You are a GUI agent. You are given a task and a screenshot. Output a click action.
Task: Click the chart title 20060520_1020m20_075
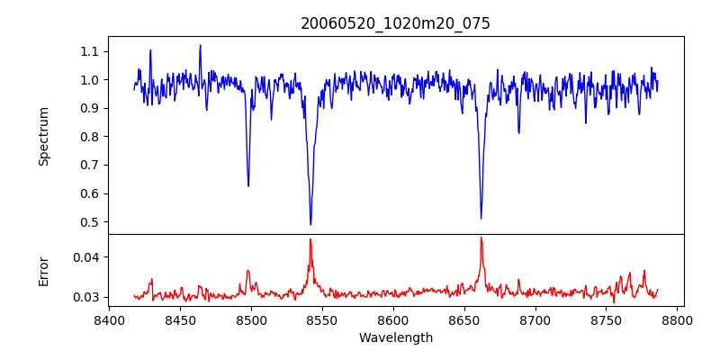pyautogui.click(x=395, y=23)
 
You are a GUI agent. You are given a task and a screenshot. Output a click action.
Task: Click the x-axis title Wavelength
pyautogui.click(x=395, y=337)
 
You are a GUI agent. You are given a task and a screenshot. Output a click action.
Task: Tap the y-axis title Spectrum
pyautogui.click(x=43, y=136)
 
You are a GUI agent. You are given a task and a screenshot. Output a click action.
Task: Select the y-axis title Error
pyautogui.click(x=43, y=271)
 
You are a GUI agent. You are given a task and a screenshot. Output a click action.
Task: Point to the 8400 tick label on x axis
pyautogui.click(x=109, y=319)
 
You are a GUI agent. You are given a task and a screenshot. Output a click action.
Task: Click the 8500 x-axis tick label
pyautogui.click(x=251, y=319)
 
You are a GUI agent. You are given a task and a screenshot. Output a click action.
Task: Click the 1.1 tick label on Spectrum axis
pyautogui.click(x=88, y=51)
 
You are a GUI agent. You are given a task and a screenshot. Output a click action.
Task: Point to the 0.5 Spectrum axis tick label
pyautogui.click(x=88, y=222)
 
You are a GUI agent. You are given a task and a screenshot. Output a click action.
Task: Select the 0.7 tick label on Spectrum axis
pyautogui.click(x=88, y=166)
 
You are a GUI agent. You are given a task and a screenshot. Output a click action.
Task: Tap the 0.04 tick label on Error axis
pyautogui.click(x=85, y=257)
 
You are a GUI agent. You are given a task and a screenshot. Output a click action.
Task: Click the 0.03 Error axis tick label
pyautogui.click(x=85, y=297)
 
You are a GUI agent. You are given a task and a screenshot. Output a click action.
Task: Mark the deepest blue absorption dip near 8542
pyautogui.click(x=310, y=224)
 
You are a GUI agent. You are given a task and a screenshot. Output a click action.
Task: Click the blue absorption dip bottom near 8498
pyautogui.click(x=248, y=185)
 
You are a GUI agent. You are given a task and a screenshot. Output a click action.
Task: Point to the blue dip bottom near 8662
pyautogui.click(x=481, y=218)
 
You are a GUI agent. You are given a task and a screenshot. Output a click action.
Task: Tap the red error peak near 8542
pyautogui.click(x=310, y=239)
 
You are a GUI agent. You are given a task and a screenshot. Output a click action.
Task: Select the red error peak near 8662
pyautogui.click(x=481, y=238)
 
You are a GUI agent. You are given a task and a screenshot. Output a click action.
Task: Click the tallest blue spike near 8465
pyautogui.click(x=200, y=45)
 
